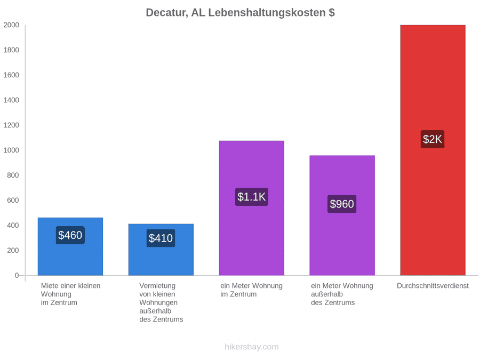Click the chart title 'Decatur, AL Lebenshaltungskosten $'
tap(241, 13)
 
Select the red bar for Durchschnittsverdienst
tap(433, 150)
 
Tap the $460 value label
tap(70, 235)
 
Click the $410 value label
tap(161, 238)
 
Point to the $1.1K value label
tap(252, 197)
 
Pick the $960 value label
tap(342, 204)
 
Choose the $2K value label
tap(433, 139)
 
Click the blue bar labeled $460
tap(70, 246)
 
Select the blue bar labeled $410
tap(161, 250)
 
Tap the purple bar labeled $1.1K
tap(252, 208)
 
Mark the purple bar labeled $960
tap(342, 215)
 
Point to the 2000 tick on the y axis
tap(11, 25)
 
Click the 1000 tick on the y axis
tap(11, 150)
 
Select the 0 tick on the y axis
tap(17, 276)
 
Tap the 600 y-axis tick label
tap(13, 200)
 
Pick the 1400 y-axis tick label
tap(11, 100)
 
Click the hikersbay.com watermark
tap(252, 347)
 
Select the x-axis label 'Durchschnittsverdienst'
tap(433, 286)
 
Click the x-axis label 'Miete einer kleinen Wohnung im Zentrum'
tap(71, 294)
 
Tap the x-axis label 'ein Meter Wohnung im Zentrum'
tap(251, 290)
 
